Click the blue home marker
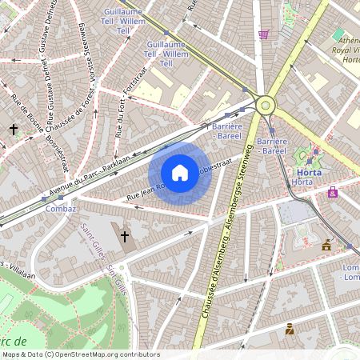[180, 173]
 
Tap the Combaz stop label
[61, 208]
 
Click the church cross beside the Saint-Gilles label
[124, 237]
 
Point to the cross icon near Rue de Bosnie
[14, 128]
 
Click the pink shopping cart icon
[264, 34]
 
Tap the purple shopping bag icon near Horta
[332, 193]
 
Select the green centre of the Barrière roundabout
[265, 105]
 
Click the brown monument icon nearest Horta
[326, 246]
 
